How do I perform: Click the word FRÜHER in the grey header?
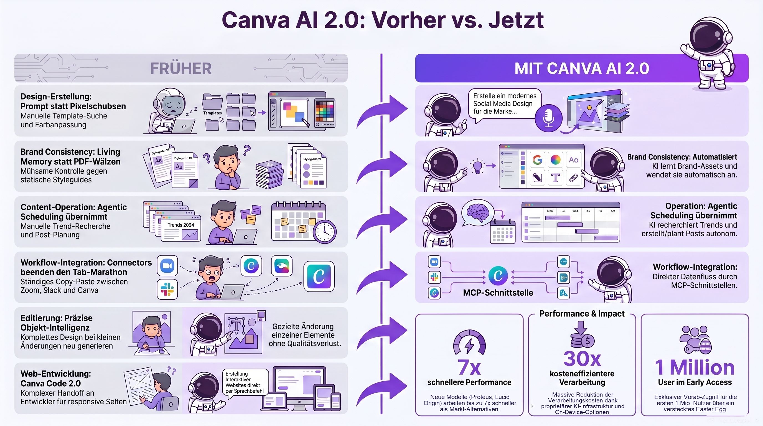click(181, 69)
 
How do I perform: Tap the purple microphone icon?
click(548, 118)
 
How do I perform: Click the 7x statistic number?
click(469, 367)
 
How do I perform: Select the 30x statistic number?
click(582, 359)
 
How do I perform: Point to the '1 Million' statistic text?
click(695, 367)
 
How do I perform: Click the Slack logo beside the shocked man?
click(167, 289)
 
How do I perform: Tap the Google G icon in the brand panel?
click(537, 160)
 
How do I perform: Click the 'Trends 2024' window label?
click(181, 225)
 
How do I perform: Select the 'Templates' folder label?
click(212, 113)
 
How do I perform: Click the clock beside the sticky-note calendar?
click(325, 231)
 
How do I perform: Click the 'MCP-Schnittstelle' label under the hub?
click(498, 293)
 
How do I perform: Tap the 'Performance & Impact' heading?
click(582, 313)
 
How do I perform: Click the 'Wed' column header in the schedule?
click(575, 211)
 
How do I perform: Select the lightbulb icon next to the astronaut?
click(477, 166)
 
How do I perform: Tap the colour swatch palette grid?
click(324, 111)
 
